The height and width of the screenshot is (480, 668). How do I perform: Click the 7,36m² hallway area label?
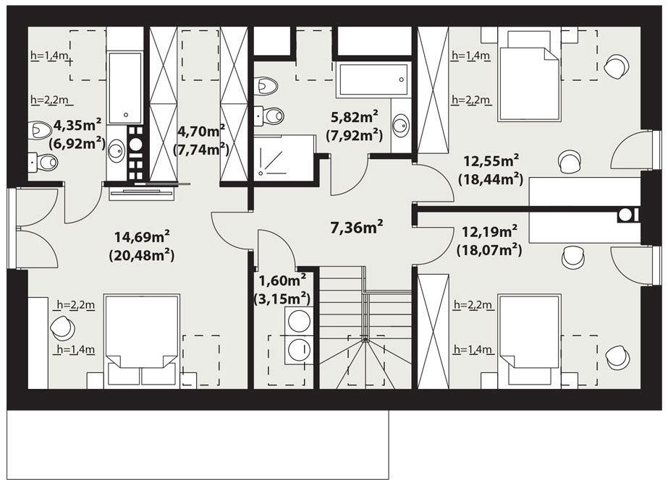click(x=356, y=227)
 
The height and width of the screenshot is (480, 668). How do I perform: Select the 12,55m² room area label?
click(x=491, y=170)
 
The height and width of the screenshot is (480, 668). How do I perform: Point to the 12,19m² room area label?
click(x=489, y=241)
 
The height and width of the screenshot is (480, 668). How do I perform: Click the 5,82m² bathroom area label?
click(x=355, y=126)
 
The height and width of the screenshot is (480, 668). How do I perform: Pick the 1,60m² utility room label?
click(x=282, y=289)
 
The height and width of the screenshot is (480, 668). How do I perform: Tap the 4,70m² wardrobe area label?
click(x=200, y=140)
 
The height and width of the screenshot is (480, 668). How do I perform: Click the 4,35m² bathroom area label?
click(x=77, y=134)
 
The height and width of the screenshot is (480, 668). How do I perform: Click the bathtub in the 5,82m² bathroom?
click(x=373, y=79)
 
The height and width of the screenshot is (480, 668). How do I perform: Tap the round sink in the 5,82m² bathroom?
click(x=401, y=125)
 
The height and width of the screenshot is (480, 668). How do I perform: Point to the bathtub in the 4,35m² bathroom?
click(x=125, y=88)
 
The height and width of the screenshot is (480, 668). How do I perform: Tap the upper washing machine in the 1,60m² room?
click(x=299, y=320)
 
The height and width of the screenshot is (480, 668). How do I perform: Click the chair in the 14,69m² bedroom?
click(x=62, y=327)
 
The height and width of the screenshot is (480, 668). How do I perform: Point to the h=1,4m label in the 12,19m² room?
click(x=473, y=350)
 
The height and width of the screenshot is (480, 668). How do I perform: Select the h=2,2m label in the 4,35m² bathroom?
click(x=50, y=100)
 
